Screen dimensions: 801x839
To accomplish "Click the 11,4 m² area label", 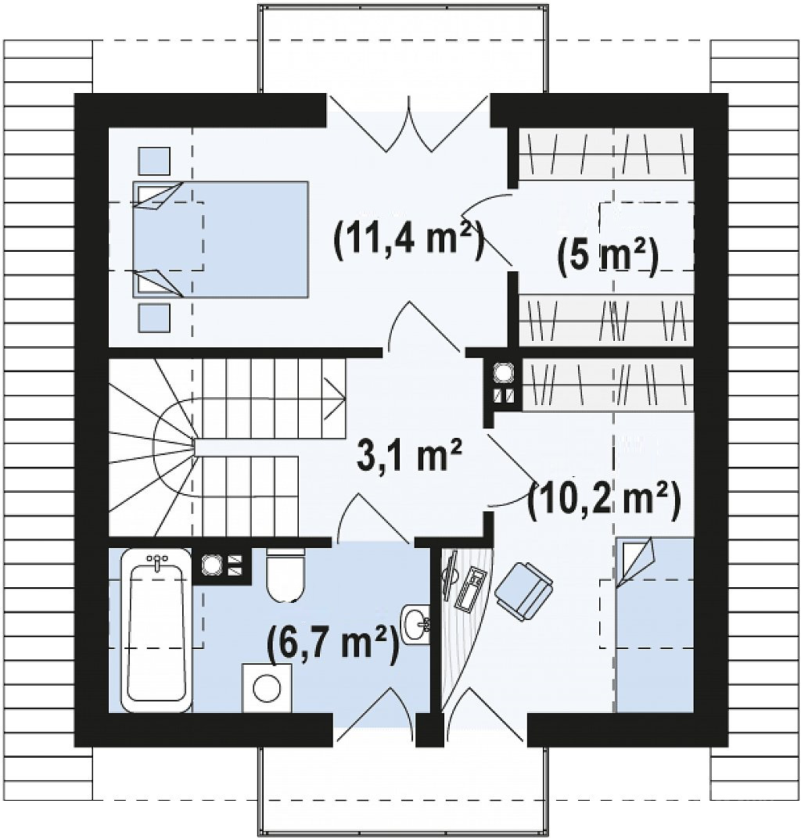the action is pyautogui.click(x=409, y=241).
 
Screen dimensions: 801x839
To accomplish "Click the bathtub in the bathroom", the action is pyautogui.click(x=156, y=631).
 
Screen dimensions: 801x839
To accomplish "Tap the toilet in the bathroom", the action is pyautogui.click(x=285, y=574).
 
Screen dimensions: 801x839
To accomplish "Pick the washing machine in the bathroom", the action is pyautogui.click(x=268, y=688).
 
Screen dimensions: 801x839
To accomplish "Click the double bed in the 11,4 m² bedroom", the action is pyautogui.click(x=221, y=239).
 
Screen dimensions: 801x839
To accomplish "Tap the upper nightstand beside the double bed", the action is pyautogui.click(x=154, y=161).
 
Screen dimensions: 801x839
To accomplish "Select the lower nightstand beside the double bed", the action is pyautogui.click(x=154, y=317).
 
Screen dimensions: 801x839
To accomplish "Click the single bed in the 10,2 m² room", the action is pyautogui.click(x=654, y=625).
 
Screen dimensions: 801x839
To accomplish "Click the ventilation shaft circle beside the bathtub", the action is pyautogui.click(x=211, y=565).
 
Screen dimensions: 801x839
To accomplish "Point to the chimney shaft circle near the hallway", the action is pyautogui.click(x=503, y=372).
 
